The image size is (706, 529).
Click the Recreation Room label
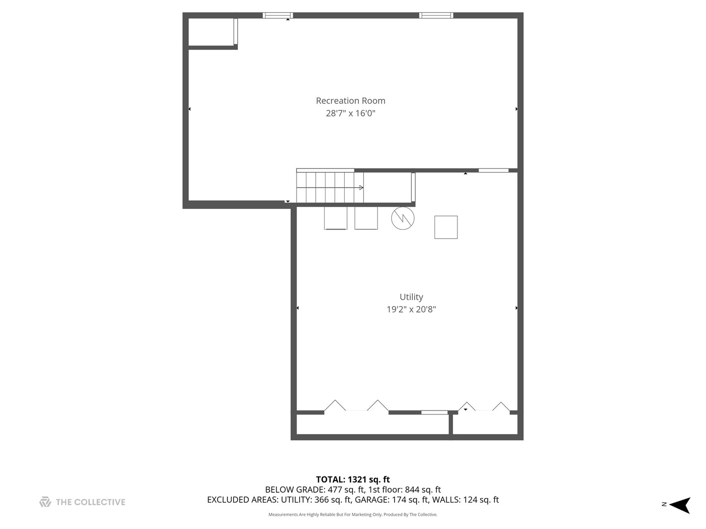(351, 101)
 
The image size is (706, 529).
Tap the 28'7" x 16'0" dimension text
(351, 113)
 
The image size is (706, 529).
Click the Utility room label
(411, 297)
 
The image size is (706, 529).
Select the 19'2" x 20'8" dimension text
(411, 309)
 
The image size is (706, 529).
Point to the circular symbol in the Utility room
(403, 218)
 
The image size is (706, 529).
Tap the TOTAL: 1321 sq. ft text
(353, 480)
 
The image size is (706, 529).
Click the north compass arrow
(680, 505)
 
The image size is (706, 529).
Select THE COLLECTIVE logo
(82, 502)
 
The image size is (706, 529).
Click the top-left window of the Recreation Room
(277, 15)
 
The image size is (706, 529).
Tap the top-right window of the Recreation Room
(436, 15)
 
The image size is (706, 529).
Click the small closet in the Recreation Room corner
(211, 32)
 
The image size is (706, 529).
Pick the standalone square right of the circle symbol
(446, 227)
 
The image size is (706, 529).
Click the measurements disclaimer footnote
(353, 515)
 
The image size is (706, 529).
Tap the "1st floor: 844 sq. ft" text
(404, 490)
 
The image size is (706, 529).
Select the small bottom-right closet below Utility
(485, 424)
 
